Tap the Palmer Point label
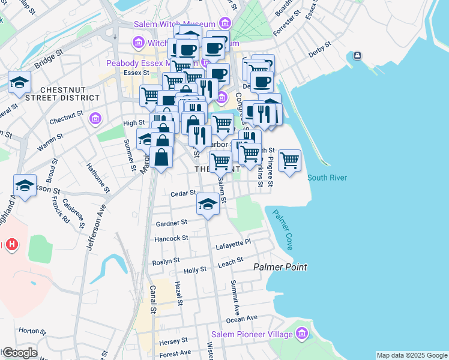(280, 267)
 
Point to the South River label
(327, 178)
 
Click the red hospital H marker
(11, 244)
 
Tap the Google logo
(19, 353)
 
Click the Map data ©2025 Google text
(411, 355)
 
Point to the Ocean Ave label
(242, 318)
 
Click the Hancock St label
(171, 238)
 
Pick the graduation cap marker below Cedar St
(208, 204)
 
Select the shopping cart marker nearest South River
(290, 160)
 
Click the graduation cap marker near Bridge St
(20, 82)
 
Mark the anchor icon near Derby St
(357, 56)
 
